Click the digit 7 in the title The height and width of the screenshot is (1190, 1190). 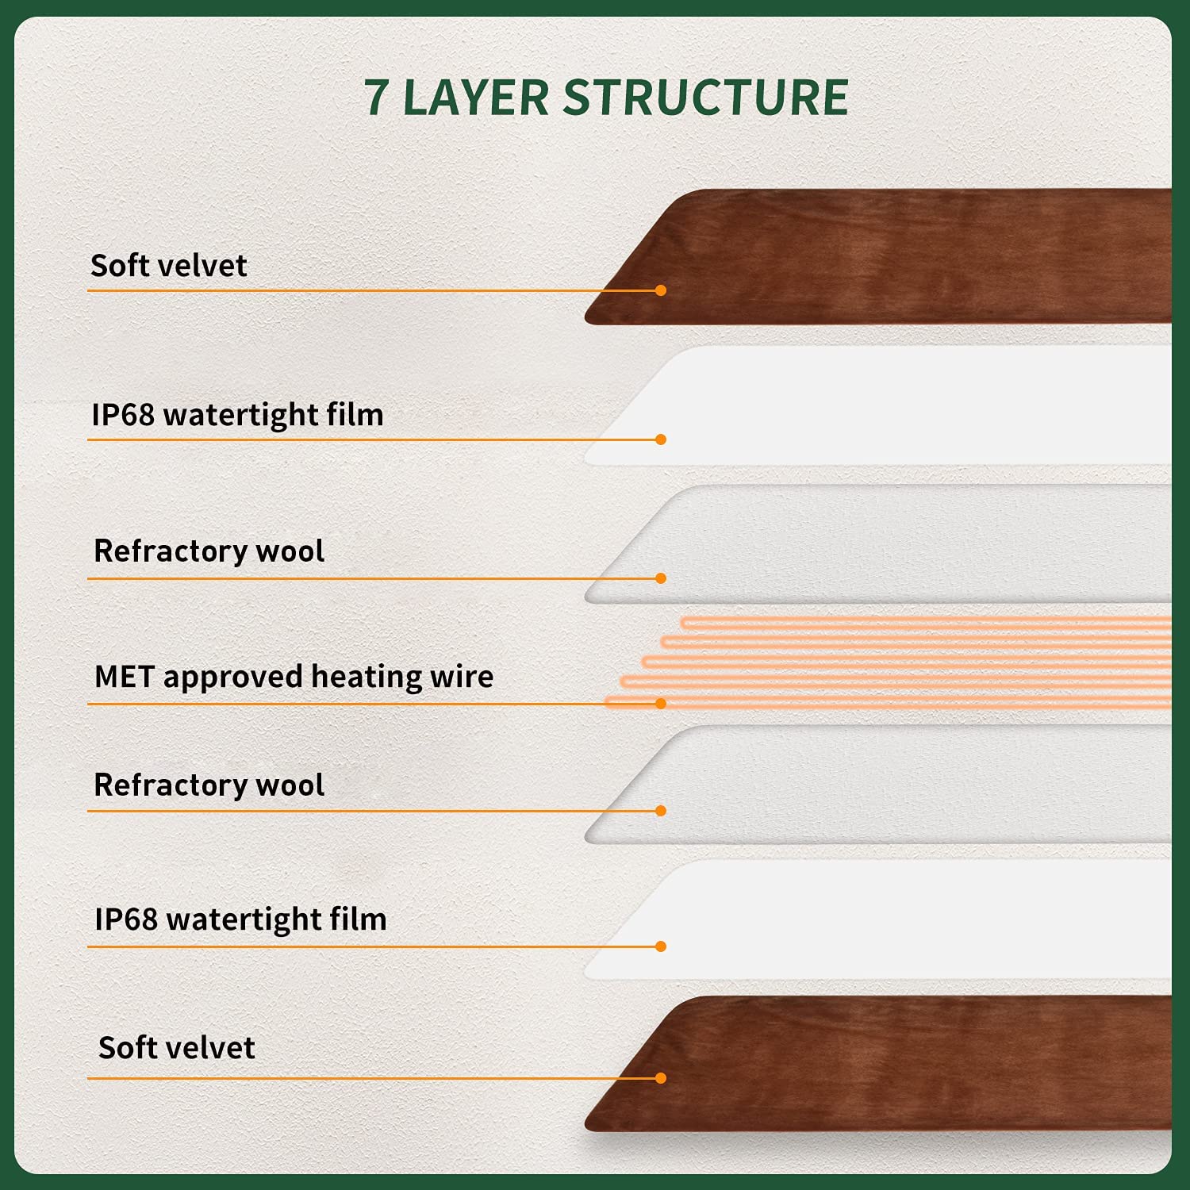377,98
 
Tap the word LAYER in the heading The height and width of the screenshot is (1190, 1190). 476,98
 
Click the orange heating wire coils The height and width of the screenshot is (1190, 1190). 889,662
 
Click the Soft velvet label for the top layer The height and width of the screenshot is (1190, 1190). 169,265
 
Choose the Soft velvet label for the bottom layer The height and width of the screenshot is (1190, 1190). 177,1047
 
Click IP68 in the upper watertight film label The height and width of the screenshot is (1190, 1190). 123,414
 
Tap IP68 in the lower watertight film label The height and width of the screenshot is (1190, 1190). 126,919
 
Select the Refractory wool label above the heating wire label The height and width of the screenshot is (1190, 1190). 209,551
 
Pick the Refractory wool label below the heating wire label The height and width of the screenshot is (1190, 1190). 209,785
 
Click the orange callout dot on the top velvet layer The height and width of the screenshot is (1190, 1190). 661,290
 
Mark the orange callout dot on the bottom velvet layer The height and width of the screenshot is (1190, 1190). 661,1078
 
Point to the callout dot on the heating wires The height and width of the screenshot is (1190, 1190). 661,704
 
